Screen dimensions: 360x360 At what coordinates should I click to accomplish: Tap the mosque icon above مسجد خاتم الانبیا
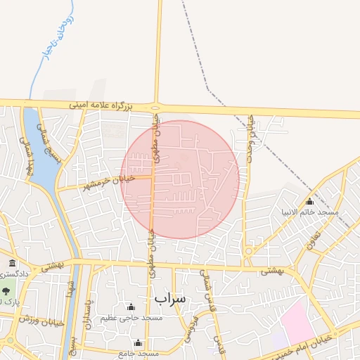point(309,202)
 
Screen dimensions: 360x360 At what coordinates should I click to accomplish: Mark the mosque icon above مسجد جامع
point(138,343)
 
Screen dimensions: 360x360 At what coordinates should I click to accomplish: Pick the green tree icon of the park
point(6,290)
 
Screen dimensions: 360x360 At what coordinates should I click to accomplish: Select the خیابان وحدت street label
point(249,140)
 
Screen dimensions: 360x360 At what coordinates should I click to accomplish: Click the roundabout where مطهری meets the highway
point(155,107)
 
